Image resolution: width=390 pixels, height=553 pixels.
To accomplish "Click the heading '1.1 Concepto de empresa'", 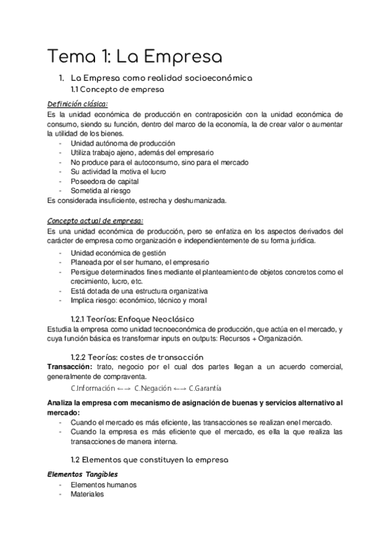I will pos(117,89).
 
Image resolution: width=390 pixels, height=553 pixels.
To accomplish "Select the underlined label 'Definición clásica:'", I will pos(77,104).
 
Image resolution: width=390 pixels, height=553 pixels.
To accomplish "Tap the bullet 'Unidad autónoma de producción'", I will pos(114,143).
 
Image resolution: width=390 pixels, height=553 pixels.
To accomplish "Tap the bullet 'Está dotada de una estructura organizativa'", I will pos(139,291).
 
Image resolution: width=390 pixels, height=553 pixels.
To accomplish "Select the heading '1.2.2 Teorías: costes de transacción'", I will pos(137,357).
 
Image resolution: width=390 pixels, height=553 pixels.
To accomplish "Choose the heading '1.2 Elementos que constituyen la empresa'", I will pos(149,460).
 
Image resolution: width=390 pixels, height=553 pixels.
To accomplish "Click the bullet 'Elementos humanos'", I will pos(104,485).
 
